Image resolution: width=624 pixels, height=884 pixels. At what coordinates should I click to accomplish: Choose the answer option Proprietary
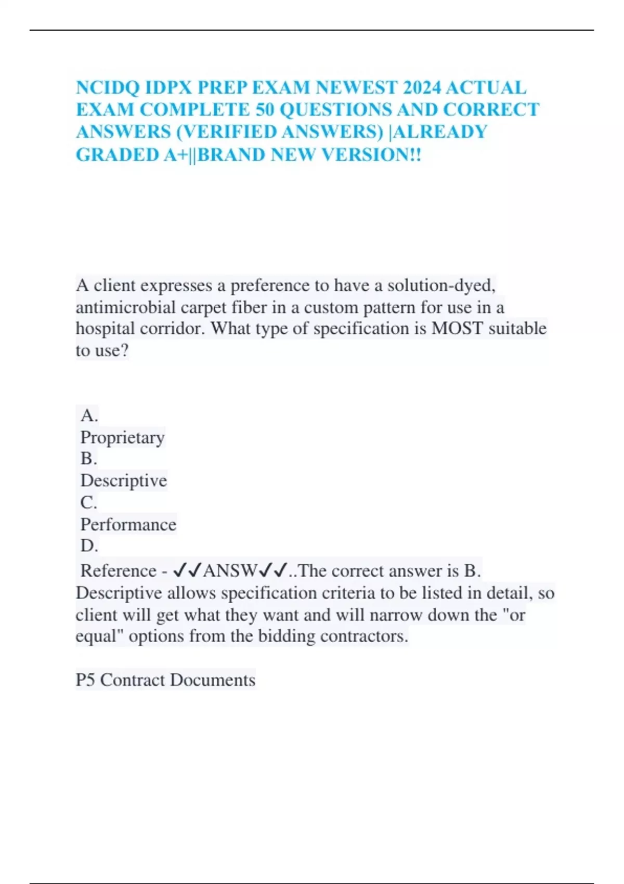(x=122, y=437)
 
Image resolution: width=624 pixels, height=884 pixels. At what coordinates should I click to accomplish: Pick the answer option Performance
(x=128, y=524)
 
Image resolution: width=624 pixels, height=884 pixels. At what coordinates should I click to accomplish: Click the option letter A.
(x=89, y=415)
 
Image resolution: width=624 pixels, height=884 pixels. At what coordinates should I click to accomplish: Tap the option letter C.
(x=88, y=502)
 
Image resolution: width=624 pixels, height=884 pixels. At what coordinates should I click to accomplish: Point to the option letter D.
(x=89, y=545)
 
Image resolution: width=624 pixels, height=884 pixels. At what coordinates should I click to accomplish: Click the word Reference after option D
(x=118, y=571)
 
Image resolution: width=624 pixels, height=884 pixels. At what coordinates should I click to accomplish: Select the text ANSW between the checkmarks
(x=230, y=571)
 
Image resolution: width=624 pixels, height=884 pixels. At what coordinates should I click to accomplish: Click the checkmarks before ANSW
(x=187, y=571)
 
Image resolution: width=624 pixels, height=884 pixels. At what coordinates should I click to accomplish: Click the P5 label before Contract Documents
(x=85, y=680)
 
